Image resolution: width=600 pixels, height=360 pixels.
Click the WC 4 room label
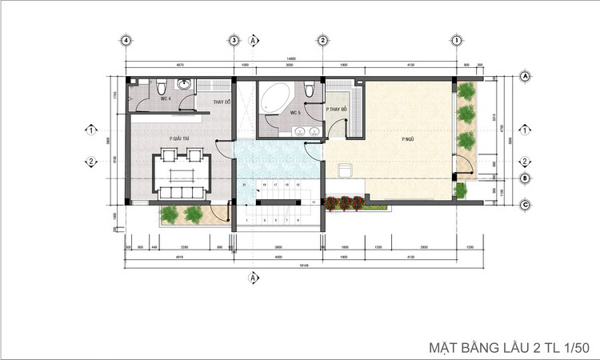point(165,98)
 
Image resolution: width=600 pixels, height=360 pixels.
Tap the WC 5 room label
point(294,113)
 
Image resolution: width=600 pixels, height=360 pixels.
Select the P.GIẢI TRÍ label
point(178,138)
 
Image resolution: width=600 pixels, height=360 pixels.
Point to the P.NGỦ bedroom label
point(407,138)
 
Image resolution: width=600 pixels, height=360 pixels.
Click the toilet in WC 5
point(307,87)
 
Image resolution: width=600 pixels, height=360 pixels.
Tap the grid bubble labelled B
point(526,178)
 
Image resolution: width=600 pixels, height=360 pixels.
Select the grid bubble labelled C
point(526,204)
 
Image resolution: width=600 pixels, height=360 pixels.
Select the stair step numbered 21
point(243,185)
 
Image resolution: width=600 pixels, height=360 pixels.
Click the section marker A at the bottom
point(253,277)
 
